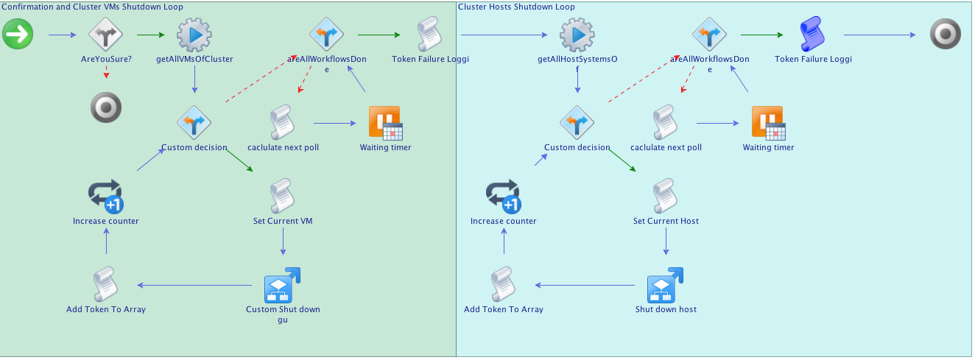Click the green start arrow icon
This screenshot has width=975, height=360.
click(x=18, y=35)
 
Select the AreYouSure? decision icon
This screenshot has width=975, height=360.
click(x=106, y=35)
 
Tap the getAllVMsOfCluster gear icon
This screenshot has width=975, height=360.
click(x=194, y=35)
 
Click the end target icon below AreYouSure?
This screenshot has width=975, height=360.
click(x=106, y=107)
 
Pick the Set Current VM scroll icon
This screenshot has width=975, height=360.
click(x=283, y=196)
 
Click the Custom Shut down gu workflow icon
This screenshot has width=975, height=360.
click(x=283, y=285)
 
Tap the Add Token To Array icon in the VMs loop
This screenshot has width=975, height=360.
click(x=106, y=285)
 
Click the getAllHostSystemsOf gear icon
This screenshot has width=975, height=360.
click(x=577, y=35)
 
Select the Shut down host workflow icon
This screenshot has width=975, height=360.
click(x=666, y=285)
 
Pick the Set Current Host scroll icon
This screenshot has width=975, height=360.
click(x=666, y=196)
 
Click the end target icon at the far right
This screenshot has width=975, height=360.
click(x=946, y=35)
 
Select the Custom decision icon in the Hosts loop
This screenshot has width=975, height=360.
click(x=577, y=123)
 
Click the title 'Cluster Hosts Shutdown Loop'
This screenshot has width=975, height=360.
click(x=516, y=7)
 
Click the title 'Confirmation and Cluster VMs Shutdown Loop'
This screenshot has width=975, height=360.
click(x=93, y=7)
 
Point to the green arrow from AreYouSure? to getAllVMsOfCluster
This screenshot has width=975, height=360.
click(x=151, y=35)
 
